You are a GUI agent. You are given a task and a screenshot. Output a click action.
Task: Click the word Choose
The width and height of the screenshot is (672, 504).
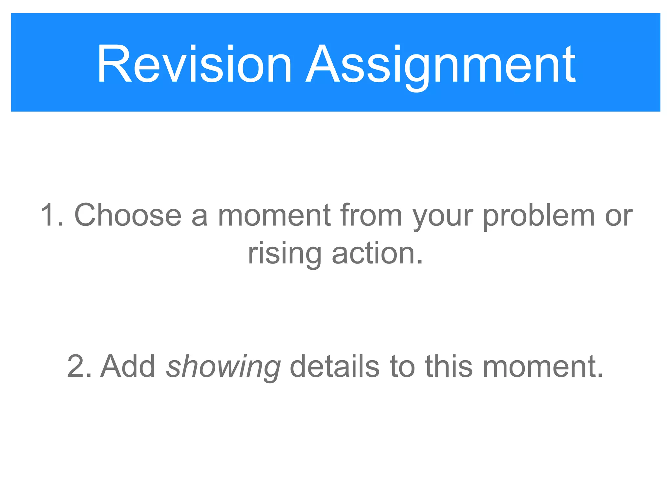(128, 215)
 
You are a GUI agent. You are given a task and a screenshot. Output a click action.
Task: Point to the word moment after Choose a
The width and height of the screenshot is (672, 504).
(274, 215)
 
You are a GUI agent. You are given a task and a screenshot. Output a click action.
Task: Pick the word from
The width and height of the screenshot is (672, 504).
(371, 215)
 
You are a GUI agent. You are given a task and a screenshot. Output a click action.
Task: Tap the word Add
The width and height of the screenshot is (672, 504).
(128, 366)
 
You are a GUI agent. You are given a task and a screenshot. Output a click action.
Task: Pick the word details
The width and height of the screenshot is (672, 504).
(335, 366)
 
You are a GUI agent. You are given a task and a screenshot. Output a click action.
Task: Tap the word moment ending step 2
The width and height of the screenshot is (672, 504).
(539, 366)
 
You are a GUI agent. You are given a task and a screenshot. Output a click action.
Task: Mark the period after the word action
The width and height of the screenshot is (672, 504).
(419, 262)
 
